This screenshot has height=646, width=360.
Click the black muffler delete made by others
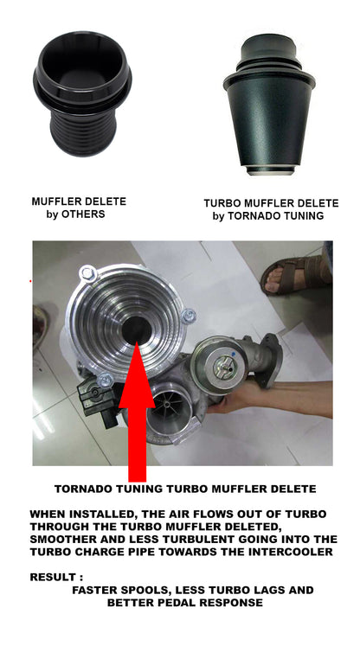[82, 94]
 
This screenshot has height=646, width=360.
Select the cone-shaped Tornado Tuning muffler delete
[269, 104]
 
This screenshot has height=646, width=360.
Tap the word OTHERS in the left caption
[83, 214]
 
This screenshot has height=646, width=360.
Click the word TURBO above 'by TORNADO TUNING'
[222, 203]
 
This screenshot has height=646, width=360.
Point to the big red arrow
[137, 412]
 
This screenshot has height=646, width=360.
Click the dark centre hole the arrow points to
[137, 329]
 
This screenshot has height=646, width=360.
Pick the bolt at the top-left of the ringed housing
[87, 272]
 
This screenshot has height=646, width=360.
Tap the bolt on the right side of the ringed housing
[189, 316]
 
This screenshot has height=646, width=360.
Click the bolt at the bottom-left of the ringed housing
[106, 380]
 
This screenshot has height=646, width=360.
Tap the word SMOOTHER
[62, 540]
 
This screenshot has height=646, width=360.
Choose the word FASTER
[93, 590]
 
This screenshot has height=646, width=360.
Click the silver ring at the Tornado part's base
[271, 170]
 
